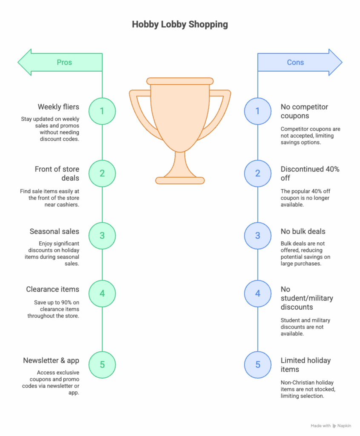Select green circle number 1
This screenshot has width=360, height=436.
pyautogui.click(x=102, y=111)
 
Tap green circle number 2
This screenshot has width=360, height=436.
pyautogui.click(x=102, y=173)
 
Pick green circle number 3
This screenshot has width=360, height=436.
pyautogui.click(x=102, y=235)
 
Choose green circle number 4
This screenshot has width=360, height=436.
pyautogui.click(x=102, y=293)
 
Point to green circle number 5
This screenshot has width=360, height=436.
pyautogui.click(x=102, y=364)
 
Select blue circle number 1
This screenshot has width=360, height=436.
pyautogui.click(x=257, y=111)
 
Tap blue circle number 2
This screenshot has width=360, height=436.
pyautogui.click(x=257, y=173)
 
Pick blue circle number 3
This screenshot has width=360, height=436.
pyautogui.click(x=257, y=235)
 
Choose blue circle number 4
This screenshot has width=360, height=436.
pyautogui.click(x=257, y=293)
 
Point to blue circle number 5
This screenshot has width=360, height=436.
pyautogui.click(x=257, y=364)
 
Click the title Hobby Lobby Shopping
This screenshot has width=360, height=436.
pyautogui.click(x=180, y=24)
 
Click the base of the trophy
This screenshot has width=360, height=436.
pyautogui.click(x=180, y=180)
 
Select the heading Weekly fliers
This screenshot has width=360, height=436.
pyautogui.click(x=58, y=107)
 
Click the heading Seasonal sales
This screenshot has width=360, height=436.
pyautogui.click(x=54, y=231)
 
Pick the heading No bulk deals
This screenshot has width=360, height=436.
pyautogui.click(x=303, y=231)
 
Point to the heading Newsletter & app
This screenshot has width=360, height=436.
pyautogui.click(x=51, y=360)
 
